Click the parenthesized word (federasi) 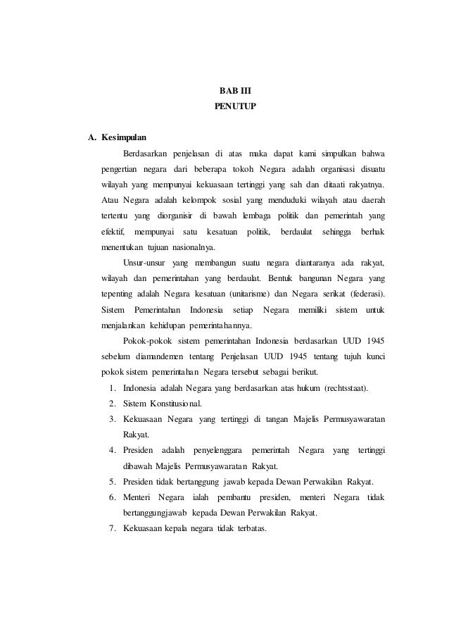coord(367,294)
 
